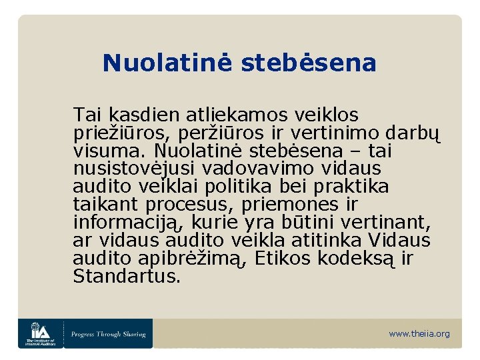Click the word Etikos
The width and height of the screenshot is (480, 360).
(x=285, y=257)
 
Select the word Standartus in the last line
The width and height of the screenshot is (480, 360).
(x=127, y=275)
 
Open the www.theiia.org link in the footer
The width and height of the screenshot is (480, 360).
(x=419, y=333)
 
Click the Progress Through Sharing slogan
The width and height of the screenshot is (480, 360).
(x=109, y=333)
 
